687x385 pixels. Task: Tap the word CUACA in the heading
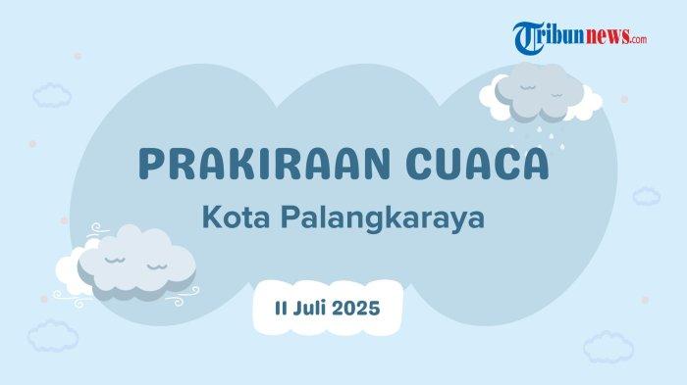[x=477, y=164]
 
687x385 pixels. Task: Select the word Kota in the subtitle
[x=233, y=217]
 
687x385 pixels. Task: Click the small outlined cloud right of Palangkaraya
[x=646, y=194]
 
